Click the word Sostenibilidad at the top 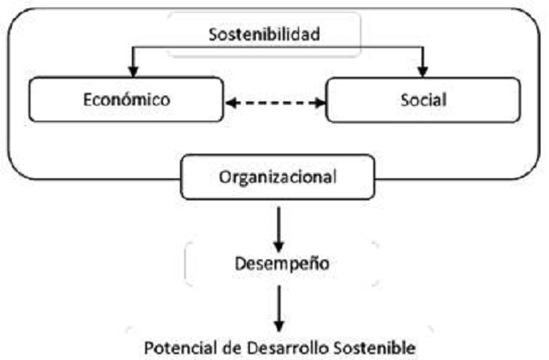click(264, 35)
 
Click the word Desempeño click(278, 264)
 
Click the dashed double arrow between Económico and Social click(275, 103)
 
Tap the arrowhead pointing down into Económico click(131, 74)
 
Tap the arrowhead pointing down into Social click(424, 74)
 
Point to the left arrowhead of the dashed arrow click(231, 103)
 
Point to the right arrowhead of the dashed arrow click(321, 103)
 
